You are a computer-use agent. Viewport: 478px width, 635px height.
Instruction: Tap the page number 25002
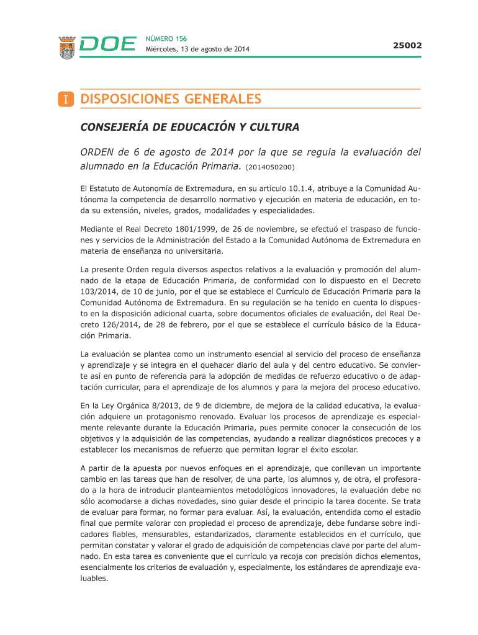pyautogui.click(x=407, y=45)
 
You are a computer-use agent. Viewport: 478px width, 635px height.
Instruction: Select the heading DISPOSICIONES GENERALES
pyautogui.click(x=171, y=99)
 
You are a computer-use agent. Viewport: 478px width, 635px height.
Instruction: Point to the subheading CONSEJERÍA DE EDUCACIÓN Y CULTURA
pyautogui.click(x=190, y=128)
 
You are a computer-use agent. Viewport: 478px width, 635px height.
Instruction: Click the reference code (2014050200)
pyautogui.click(x=270, y=167)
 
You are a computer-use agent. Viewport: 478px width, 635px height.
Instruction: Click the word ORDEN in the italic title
pyautogui.click(x=97, y=153)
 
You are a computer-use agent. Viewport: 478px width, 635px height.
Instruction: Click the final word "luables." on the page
pyautogui.click(x=94, y=579)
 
